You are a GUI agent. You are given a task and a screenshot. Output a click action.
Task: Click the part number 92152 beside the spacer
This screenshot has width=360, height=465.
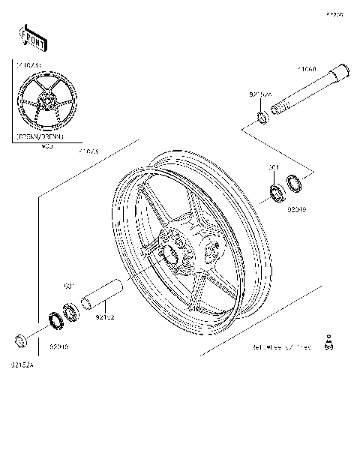coord(105,317)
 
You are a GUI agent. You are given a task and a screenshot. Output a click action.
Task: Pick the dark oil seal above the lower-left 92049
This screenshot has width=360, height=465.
coord(55,320)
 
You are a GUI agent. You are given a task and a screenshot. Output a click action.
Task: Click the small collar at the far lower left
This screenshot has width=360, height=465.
coord(22,342)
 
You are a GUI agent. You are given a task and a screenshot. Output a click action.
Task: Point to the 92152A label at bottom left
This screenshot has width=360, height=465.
coord(22,365)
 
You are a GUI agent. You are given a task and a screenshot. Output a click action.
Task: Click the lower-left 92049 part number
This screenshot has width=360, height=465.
coord(58,347)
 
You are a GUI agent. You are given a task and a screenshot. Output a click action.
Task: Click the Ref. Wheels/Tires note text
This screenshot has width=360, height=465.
coord(281,347)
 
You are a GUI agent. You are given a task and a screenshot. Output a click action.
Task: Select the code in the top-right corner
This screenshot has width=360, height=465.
coord(334,13)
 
